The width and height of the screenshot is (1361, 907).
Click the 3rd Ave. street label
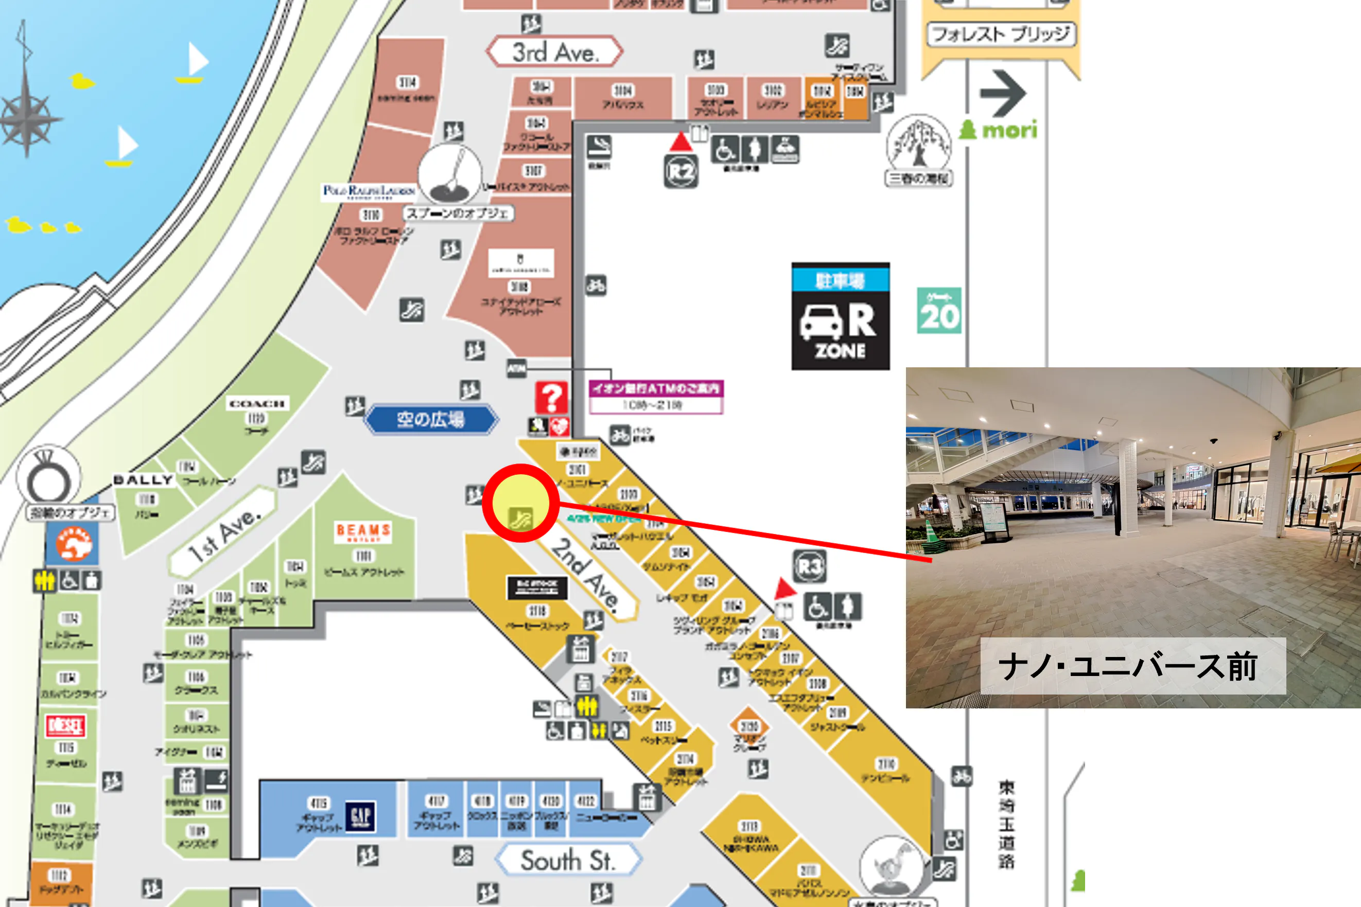point(554,52)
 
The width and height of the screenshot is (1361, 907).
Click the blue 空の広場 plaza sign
point(430,419)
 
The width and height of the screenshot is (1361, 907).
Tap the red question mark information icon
point(551,397)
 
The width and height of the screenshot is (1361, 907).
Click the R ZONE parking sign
point(840,316)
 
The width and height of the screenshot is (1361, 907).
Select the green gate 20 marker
point(938,311)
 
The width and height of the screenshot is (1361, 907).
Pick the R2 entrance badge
point(680,171)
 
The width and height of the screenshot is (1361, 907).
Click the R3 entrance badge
point(809,566)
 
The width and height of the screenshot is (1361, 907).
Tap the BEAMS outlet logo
point(363,531)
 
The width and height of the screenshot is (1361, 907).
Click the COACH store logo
point(256,404)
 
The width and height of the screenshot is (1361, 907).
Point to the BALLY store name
point(143,480)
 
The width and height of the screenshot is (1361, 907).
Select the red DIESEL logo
point(65,725)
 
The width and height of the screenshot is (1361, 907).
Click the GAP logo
point(360,815)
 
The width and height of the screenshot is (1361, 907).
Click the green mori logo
point(999,129)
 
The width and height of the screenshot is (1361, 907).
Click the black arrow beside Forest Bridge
point(1003,93)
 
